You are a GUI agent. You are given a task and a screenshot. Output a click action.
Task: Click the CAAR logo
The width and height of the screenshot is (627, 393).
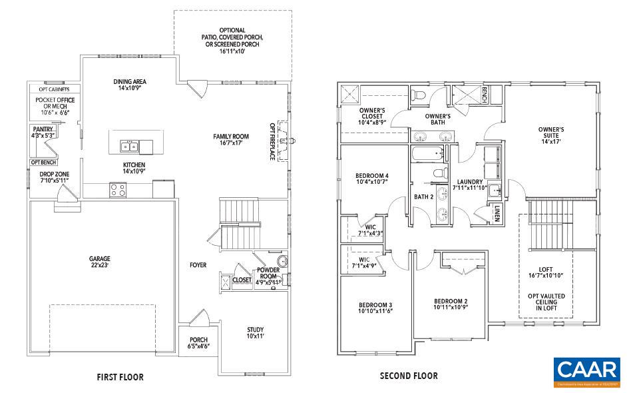coord(588,373)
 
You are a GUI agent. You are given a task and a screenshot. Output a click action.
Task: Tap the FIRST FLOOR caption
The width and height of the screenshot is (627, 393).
coord(120,377)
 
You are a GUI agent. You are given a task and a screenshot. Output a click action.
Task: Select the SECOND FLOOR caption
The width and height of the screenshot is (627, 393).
coord(408,376)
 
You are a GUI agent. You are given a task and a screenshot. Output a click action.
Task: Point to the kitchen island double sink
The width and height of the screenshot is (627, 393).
coord(130,147)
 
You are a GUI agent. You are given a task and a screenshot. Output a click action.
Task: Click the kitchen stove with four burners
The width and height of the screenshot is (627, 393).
coord(118,190)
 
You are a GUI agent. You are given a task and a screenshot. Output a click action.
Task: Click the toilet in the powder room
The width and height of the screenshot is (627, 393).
coord(284,260)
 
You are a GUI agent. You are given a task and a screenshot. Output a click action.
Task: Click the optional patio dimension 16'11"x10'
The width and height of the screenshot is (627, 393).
coord(232,51)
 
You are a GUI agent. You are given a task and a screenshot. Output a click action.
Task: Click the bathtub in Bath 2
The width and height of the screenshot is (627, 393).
coord(428,155)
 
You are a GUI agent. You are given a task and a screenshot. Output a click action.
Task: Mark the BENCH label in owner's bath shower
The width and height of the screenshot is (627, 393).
coord(485,93)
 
